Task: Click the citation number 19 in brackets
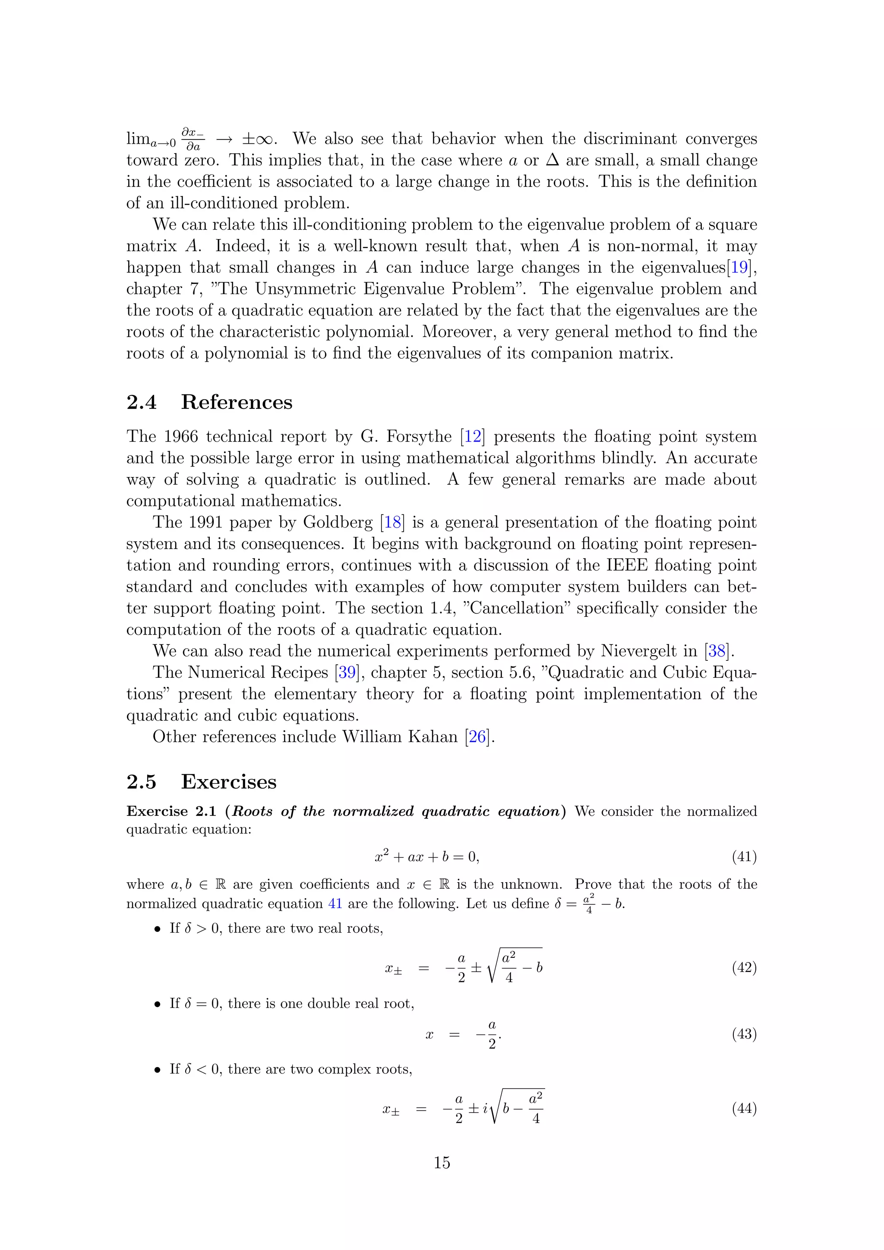[740, 267]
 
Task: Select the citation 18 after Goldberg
[392, 522]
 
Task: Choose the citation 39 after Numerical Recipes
[347, 672]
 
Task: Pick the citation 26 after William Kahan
[477, 737]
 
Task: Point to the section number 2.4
[141, 402]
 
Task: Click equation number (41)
[744, 857]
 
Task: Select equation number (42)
[744, 967]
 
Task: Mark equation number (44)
[744, 1108]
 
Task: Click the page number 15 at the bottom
[442, 1163]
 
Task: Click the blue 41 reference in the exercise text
[335, 904]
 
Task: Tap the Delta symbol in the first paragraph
[552, 160]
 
